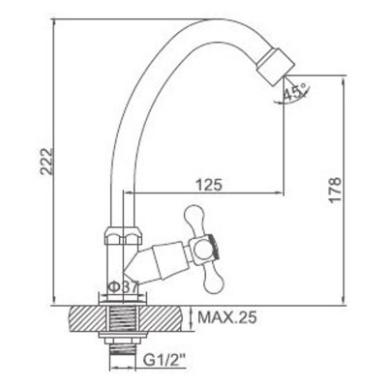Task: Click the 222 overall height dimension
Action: pyautogui.click(x=47, y=162)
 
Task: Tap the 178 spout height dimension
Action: pyautogui.click(x=336, y=190)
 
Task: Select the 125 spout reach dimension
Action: pyautogui.click(x=209, y=185)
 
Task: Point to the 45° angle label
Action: pyautogui.click(x=294, y=91)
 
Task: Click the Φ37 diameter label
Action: pyautogui.click(x=124, y=286)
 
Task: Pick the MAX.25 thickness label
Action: pyautogui.click(x=227, y=317)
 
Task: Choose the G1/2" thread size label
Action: pyautogui.click(x=165, y=359)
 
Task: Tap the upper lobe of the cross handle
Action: pyautogui.click(x=194, y=220)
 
